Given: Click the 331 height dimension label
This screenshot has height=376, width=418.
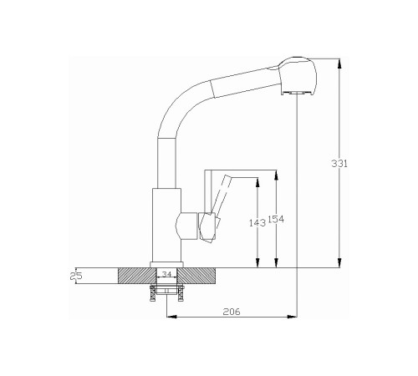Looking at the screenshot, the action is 339,163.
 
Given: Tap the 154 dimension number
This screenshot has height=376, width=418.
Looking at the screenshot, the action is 276,220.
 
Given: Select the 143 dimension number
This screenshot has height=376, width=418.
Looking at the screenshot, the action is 257,223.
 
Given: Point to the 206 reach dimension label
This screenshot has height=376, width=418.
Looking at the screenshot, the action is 232,312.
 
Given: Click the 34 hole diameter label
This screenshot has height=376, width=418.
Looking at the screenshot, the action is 166,274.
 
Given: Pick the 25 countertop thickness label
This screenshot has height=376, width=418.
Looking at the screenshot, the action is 76,276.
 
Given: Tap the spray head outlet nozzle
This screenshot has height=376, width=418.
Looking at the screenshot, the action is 296,93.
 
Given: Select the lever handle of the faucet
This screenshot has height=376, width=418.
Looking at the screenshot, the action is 217,208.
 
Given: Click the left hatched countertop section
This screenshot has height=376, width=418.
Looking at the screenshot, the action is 137,276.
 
